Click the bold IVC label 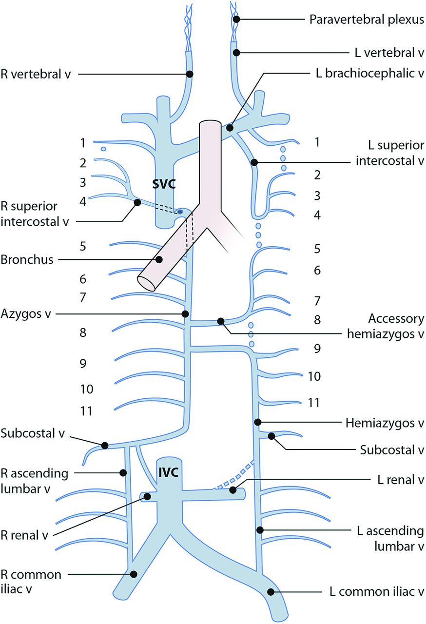(167, 471)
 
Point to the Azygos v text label (27, 314)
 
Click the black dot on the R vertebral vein (190, 74)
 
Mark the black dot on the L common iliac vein (271, 592)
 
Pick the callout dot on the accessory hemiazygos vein (221, 321)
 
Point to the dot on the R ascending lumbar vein (124, 472)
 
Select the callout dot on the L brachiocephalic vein (230, 129)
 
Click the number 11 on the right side (314, 403)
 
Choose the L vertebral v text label (383, 51)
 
